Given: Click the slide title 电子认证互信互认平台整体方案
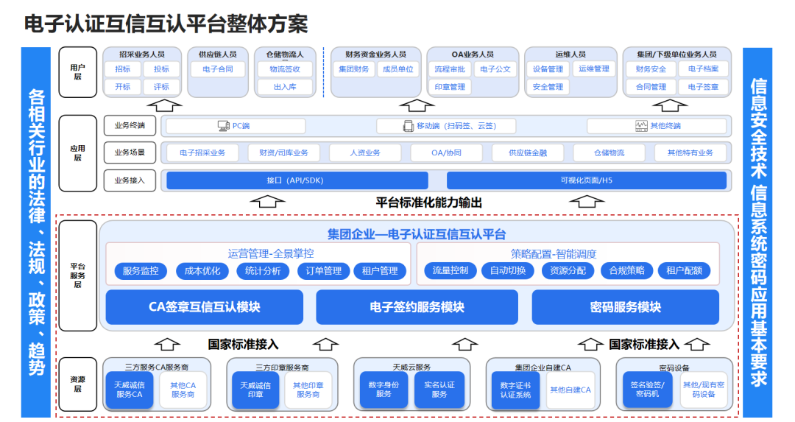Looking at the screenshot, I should (x=166, y=24).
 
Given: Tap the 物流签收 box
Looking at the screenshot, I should (x=284, y=69).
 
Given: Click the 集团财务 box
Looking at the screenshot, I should (x=353, y=69).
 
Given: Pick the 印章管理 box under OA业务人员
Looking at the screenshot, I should (x=449, y=87).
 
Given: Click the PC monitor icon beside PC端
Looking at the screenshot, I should (x=223, y=126).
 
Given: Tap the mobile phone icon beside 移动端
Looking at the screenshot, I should (x=409, y=126).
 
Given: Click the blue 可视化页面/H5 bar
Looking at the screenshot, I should (x=586, y=180).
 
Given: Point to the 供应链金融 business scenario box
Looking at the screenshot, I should (x=526, y=153).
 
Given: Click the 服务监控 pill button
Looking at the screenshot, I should (x=141, y=270).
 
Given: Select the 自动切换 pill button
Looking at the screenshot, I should (x=508, y=270).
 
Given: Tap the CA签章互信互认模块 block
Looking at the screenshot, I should (x=204, y=307).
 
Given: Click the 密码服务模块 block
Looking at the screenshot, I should (x=625, y=307).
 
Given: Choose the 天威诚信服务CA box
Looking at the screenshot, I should (x=129, y=390).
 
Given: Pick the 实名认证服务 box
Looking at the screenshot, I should (x=439, y=390).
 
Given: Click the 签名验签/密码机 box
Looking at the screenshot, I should (x=647, y=390).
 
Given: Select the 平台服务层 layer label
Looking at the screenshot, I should (x=77, y=275).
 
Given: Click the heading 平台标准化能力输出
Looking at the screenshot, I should (x=429, y=203).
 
